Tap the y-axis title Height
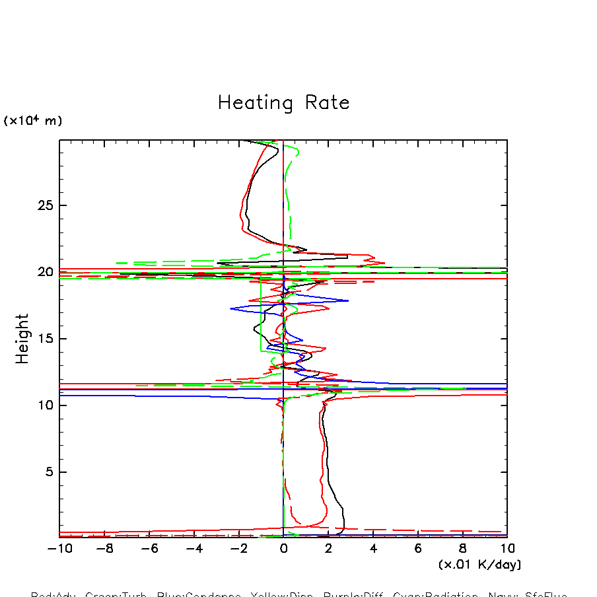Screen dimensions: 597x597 click(23, 338)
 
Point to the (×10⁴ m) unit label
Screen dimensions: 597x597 click(33, 121)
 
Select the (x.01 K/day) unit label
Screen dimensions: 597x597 click(479, 565)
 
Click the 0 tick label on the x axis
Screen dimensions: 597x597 click(283, 549)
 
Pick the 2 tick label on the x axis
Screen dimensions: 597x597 click(328, 549)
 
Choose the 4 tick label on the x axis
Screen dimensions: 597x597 click(373, 549)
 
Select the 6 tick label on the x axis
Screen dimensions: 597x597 click(418, 549)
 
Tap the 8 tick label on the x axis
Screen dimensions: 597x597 click(463, 549)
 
